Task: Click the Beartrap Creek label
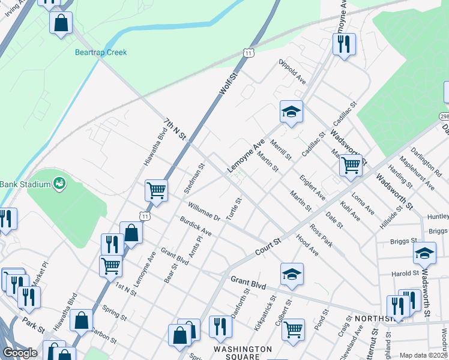[101, 52]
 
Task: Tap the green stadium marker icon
[59, 182]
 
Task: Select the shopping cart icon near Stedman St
[156, 190]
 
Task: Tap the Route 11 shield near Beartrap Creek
[249, 53]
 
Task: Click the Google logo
[19, 353]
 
